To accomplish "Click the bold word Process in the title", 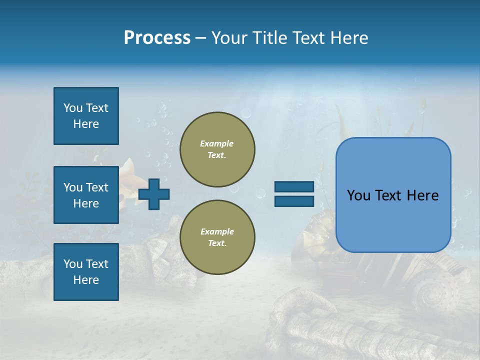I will [x=157, y=38].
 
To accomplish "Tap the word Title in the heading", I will [x=268, y=38].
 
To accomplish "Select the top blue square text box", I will [x=86, y=116].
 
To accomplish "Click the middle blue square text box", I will [x=86, y=195].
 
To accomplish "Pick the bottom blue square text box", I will [x=86, y=272].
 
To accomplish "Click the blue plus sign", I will [x=154, y=194].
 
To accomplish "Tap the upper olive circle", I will [x=217, y=149].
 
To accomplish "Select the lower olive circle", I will [x=217, y=237].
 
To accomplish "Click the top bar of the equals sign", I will [x=294, y=187].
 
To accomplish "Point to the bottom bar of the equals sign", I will [x=294, y=201].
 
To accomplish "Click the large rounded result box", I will [x=393, y=195].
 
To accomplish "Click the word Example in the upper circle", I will [x=216, y=143].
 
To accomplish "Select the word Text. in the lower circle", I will [x=217, y=243].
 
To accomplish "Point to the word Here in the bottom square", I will [x=86, y=280].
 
